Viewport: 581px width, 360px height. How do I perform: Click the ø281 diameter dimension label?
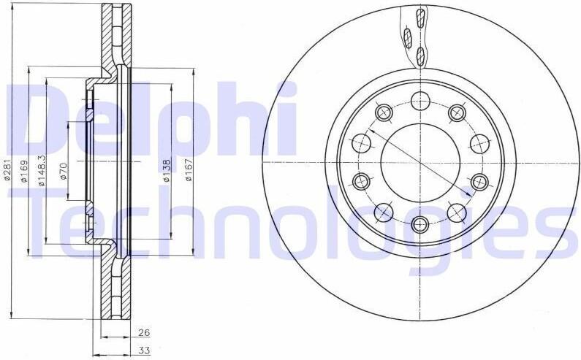click(8, 171)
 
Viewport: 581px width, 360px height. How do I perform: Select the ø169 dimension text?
click(24, 171)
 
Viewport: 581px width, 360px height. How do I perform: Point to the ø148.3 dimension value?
click(42, 170)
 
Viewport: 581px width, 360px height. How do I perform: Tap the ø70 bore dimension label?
click(64, 171)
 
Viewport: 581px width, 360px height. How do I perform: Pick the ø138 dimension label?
click(167, 170)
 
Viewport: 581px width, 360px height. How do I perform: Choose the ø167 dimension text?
click(189, 170)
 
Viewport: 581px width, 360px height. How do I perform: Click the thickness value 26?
click(143, 332)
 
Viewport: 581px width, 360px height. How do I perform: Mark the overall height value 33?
click(143, 351)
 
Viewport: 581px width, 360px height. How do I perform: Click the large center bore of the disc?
click(420, 163)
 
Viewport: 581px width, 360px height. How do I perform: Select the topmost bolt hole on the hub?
click(420, 101)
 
